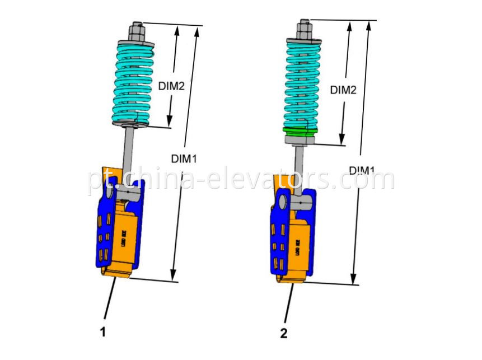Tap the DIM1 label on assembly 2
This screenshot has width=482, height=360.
[363, 170]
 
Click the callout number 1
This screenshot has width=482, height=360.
[102, 333]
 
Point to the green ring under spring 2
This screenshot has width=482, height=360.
[300, 132]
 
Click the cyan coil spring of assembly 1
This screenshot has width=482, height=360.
[135, 84]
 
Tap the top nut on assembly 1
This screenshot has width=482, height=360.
[137, 29]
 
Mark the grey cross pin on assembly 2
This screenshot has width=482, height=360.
[299, 199]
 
